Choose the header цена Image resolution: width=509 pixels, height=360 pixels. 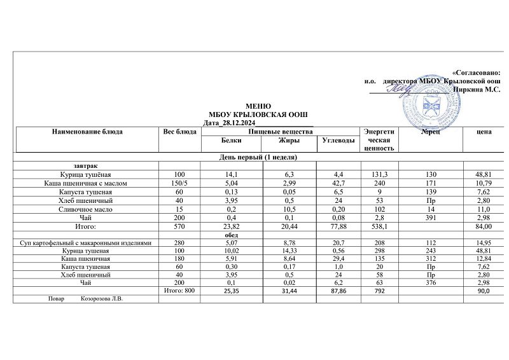[x=484, y=132]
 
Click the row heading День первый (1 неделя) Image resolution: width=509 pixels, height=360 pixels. [x=258, y=156]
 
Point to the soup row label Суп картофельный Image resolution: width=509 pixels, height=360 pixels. [x=85, y=243]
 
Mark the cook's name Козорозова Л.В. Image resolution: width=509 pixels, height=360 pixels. [x=101, y=299]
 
